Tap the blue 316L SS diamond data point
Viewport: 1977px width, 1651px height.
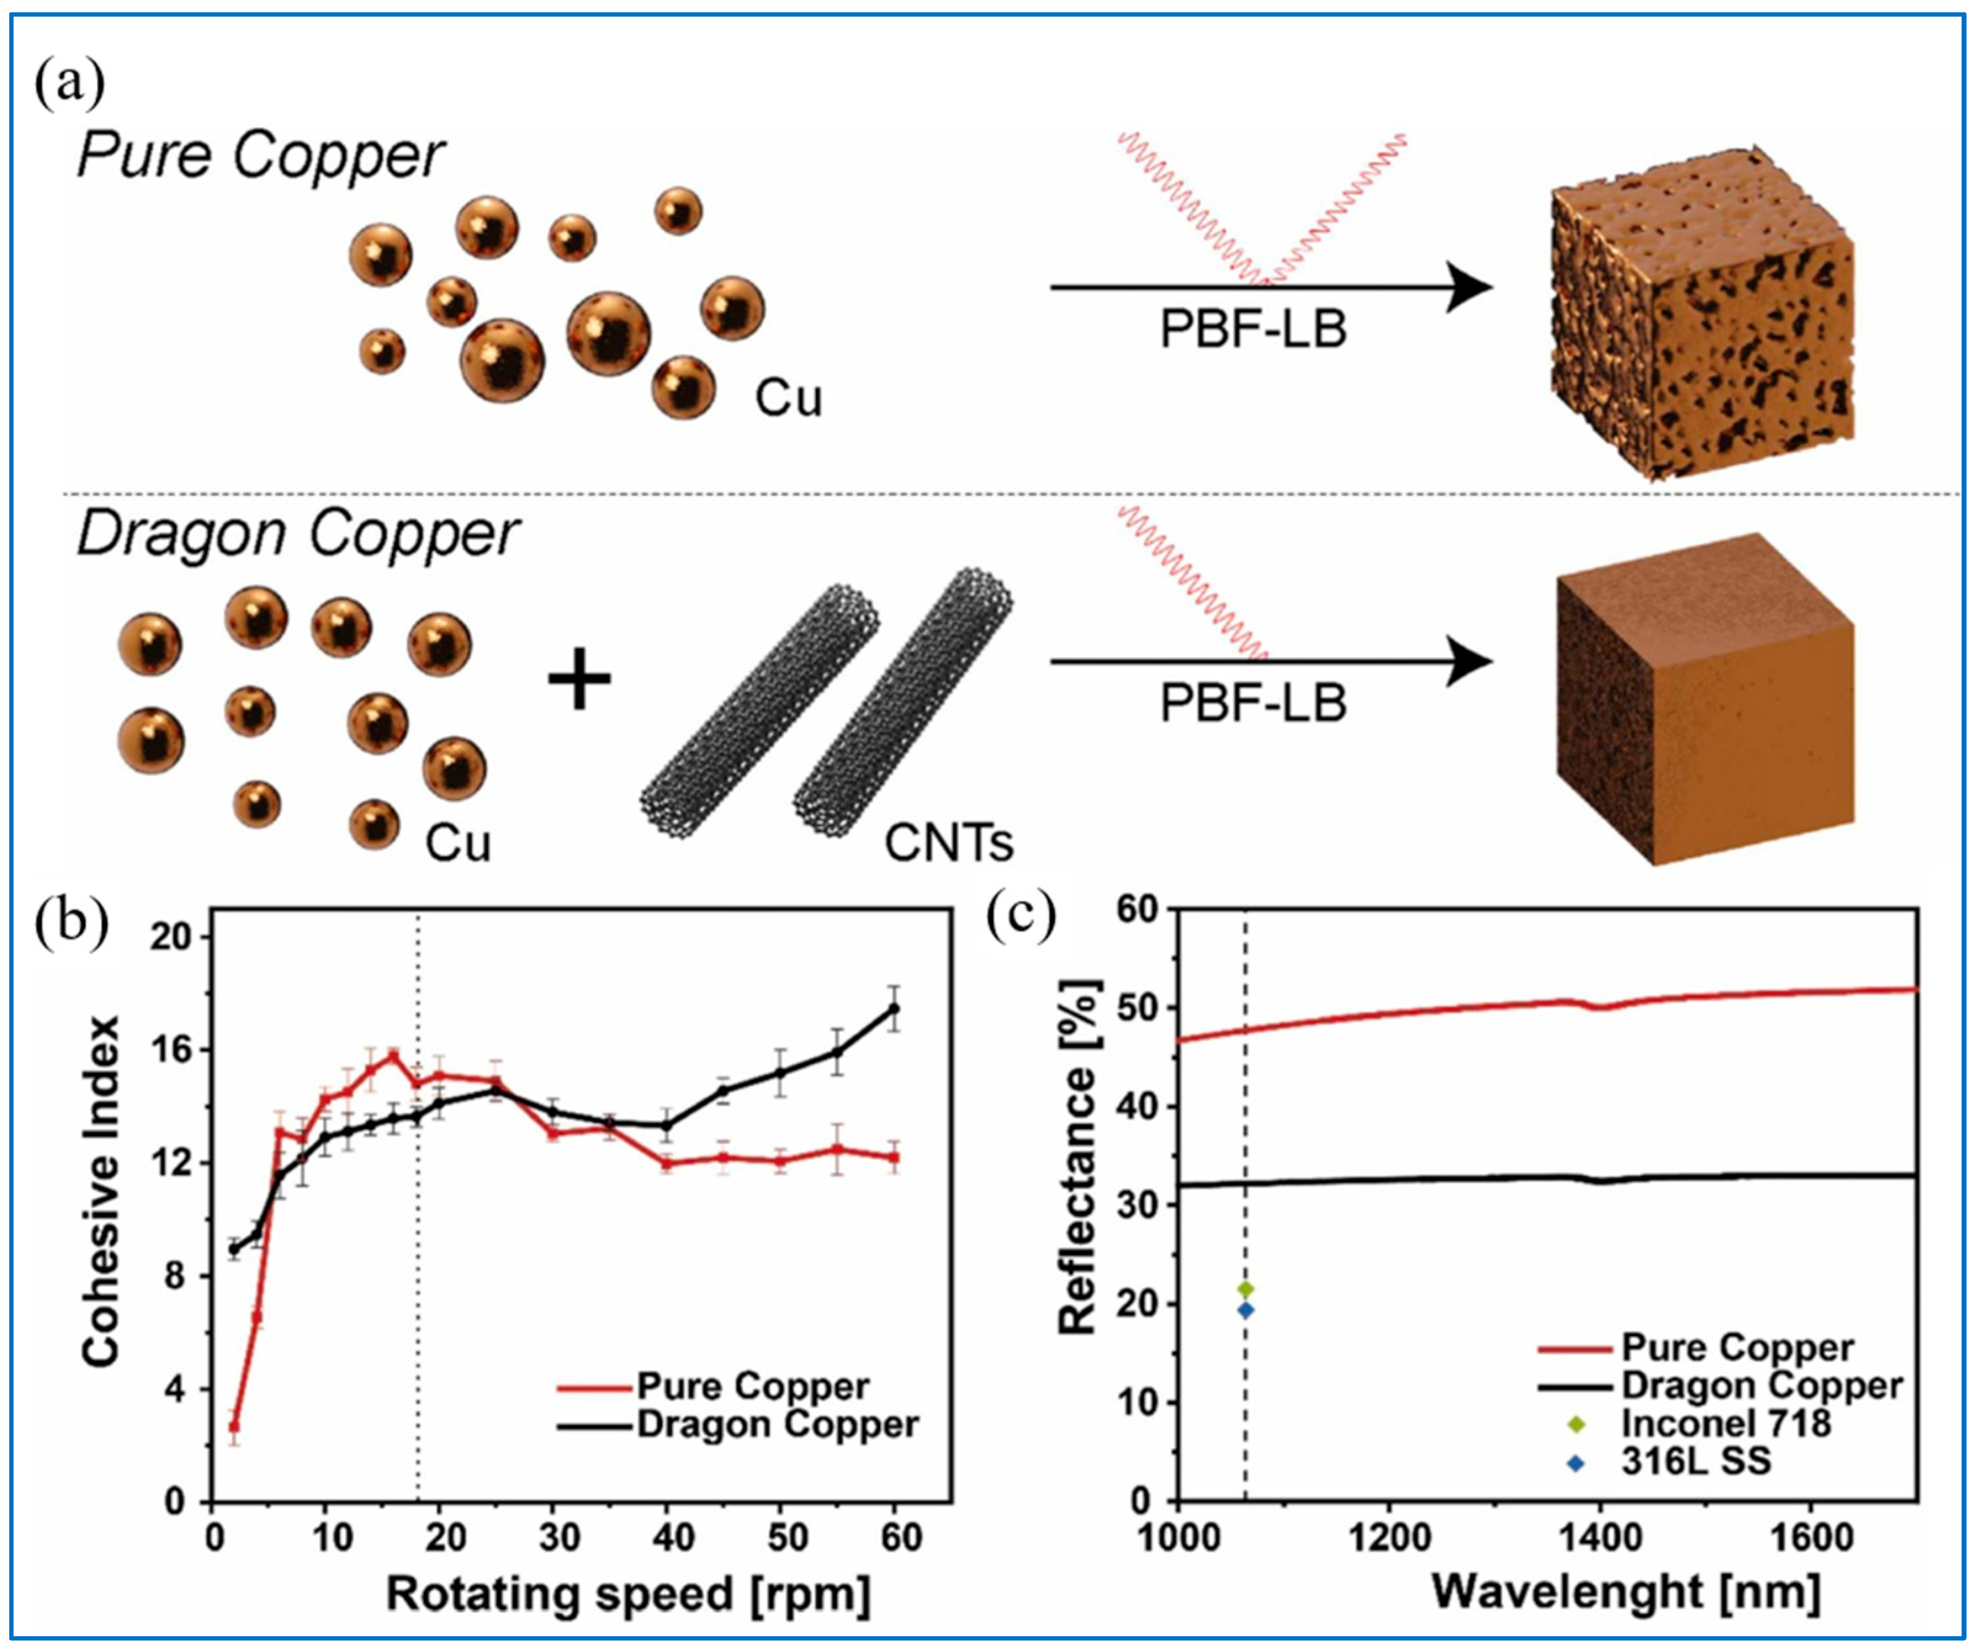coord(1245,1309)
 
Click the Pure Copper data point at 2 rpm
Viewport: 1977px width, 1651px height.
coord(234,1426)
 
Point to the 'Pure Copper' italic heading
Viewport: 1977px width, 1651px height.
coord(260,156)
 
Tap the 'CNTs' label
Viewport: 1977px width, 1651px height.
coord(949,843)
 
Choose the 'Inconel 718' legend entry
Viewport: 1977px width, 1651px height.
coord(1726,1422)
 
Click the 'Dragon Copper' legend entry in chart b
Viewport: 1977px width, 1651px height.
coord(777,1424)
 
